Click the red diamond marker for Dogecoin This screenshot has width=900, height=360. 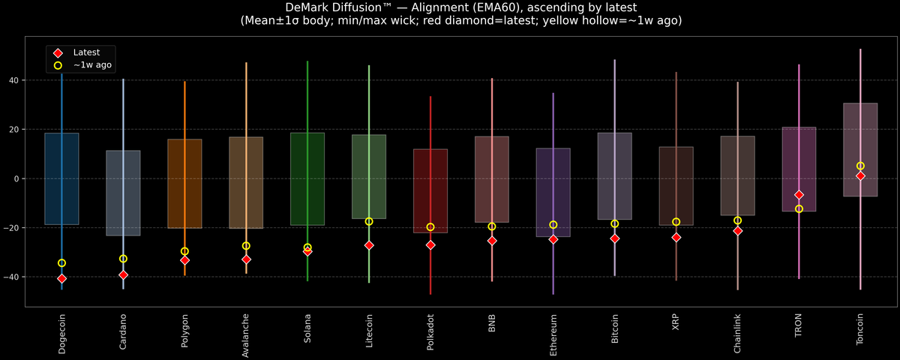61,278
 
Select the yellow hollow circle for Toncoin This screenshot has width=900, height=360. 860,166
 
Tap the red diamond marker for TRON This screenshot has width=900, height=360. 799,194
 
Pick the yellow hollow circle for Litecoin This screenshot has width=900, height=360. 369,221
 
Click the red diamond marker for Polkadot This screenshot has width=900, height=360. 430,244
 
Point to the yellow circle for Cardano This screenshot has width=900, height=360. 123,259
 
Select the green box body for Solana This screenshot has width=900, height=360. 307,178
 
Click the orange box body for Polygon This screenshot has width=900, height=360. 184,184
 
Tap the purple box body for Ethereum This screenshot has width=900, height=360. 553,192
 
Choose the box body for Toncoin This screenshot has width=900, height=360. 860,149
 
